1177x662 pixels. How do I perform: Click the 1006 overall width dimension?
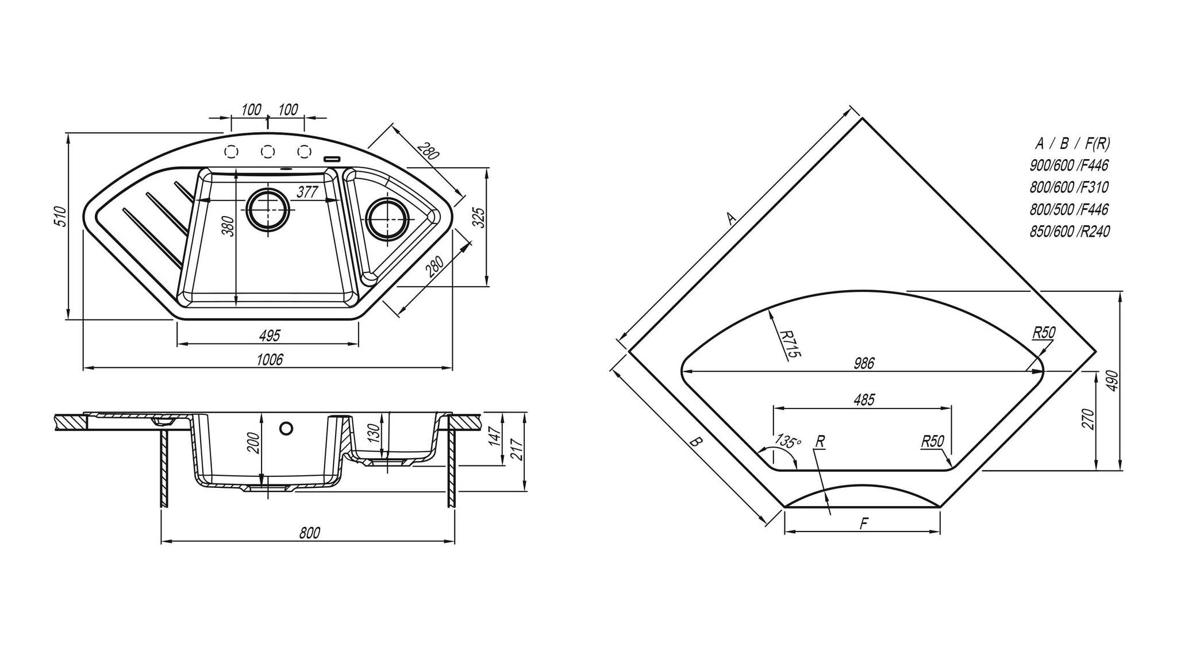pyautogui.click(x=270, y=360)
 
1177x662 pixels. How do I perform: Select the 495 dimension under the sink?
pyautogui.click(x=270, y=335)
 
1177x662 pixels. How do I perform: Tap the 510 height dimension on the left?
pyautogui.click(x=63, y=215)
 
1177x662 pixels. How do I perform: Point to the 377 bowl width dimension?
pyautogui.click(x=307, y=192)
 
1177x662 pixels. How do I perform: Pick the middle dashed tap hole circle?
pyautogui.click(x=267, y=151)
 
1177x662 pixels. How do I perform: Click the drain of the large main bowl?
pyautogui.click(x=267, y=210)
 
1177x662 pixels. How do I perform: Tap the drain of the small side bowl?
pyautogui.click(x=386, y=220)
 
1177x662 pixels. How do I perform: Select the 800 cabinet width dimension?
pyautogui.click(x=309, y=533)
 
